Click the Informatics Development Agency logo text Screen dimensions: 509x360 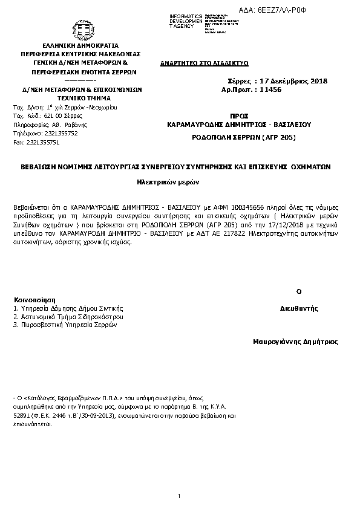[189, 21]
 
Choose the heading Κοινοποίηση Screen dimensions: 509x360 [34, 299]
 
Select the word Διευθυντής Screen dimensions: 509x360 [299, 308]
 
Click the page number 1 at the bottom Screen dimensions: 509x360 [180, 496]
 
